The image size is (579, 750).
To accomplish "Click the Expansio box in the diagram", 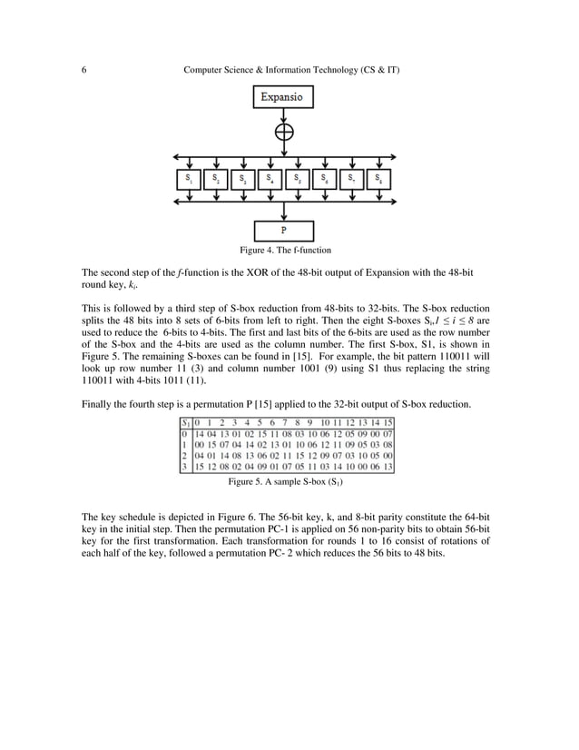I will pos(284,97).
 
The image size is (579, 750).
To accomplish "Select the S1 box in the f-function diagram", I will pos(189,179).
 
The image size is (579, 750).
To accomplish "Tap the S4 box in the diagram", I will pos(270,179).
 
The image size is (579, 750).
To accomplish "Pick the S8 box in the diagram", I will pos(378,179).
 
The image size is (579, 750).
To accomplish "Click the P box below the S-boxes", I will pos(284,231).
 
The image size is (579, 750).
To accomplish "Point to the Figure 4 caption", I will pos(284,250).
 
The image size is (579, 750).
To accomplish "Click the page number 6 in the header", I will pos(83,70).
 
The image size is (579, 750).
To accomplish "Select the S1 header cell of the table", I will pos(184,422).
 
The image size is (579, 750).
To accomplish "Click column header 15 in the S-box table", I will pos(387,422).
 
